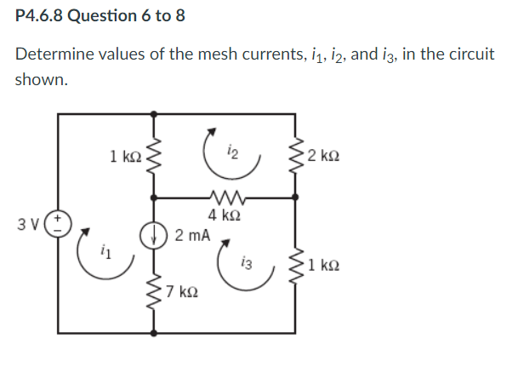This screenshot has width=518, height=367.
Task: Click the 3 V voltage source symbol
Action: pos(59,224)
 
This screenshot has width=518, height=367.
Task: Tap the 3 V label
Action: pos(30,225)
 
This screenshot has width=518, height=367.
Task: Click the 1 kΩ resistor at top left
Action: pos(154,156)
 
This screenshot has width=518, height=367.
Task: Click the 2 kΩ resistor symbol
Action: pos(297,156)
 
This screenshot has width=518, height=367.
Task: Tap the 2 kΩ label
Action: pos(326,155)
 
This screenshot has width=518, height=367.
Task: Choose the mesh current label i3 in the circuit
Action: pos(245,261)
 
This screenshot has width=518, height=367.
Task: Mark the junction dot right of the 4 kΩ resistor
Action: pos(297,196)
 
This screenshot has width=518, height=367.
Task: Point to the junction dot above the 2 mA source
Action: pos(154,196)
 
